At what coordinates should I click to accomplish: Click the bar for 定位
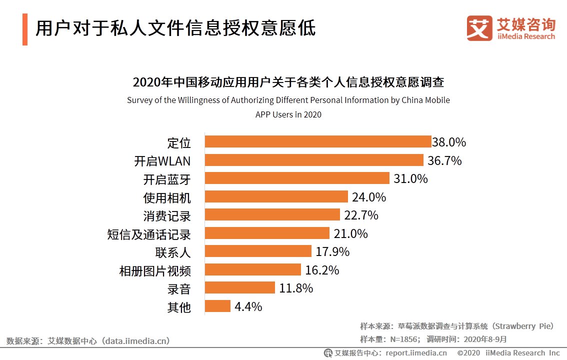point(318,142)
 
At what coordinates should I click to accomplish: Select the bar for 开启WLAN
point(314,160)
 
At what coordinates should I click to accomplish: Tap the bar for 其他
point(218,306)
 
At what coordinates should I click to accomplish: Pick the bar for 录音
point(240,288)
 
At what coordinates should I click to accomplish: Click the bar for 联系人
point(258,251)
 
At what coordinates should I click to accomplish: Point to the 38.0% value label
point(449,142)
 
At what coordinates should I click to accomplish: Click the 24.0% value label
point(369,197)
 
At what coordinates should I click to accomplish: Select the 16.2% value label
point(322,270)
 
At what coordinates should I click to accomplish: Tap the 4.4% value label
point(248,306)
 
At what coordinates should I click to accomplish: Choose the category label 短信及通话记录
point(149,234)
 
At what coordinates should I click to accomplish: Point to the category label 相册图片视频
point(155,270)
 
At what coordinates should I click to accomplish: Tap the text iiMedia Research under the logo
point(526,36)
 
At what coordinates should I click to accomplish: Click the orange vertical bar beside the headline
point(25,29)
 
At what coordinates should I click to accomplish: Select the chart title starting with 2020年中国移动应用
point(288,81)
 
